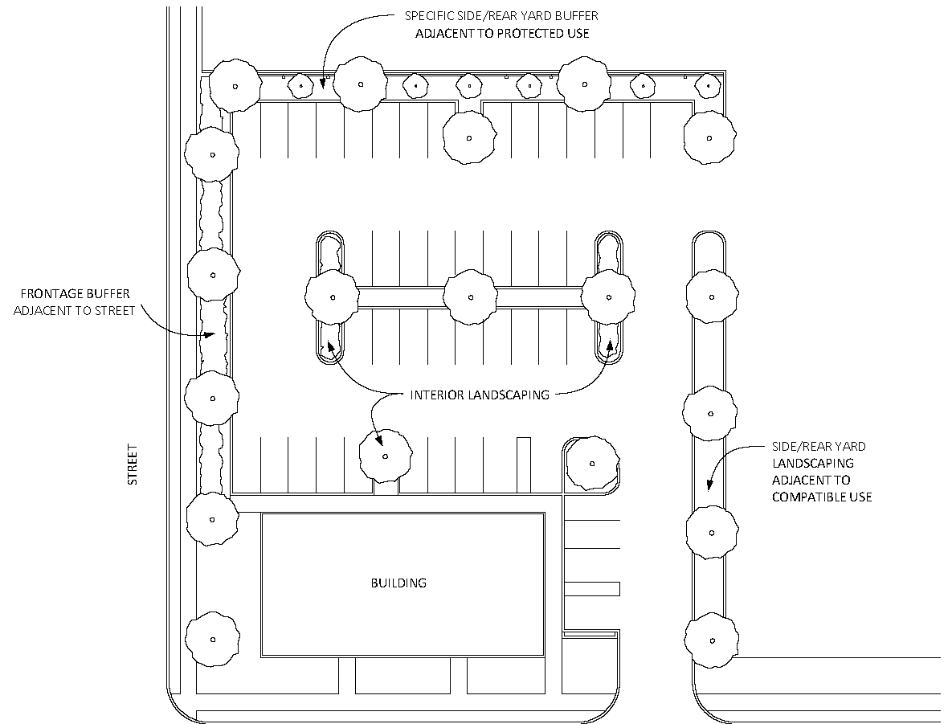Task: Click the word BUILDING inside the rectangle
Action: pyautogui.click(x=398, y=583)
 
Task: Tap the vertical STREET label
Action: pyautogui.click(x=133, y=464)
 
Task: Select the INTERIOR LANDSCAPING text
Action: pyautogui.click(x=480, y=395)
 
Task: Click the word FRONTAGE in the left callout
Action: pyautogui.click(x=51, y=294)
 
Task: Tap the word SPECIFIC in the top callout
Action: pyautogui.click(x=427, y=16)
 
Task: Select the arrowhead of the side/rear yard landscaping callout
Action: pyautogui.click(x=709, y=484)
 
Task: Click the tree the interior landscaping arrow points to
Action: pyautogui.click(x=386, y=456)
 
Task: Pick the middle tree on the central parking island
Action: pyautogui.click(x=470, y=297)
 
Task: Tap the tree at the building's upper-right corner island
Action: pyautogui.click(x=592, y=464)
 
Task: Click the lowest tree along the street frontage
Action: pyautogui.click(x=212, y=640)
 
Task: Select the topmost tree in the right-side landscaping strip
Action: pyautogui.click(x=712, y=297)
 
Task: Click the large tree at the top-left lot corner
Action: pyautogui.click(x=235, y=86)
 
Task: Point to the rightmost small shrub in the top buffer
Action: pyautogui.click(x=707, y=87)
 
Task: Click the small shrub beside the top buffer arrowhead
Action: pyautogui.click(x=300, y=87)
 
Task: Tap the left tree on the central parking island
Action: pyautogui.click(x=332, y=297)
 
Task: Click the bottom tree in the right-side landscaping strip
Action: pyautogui.click(x=712, y=640)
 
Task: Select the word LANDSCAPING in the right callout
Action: pyautogui.click(x=812, y=464)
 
